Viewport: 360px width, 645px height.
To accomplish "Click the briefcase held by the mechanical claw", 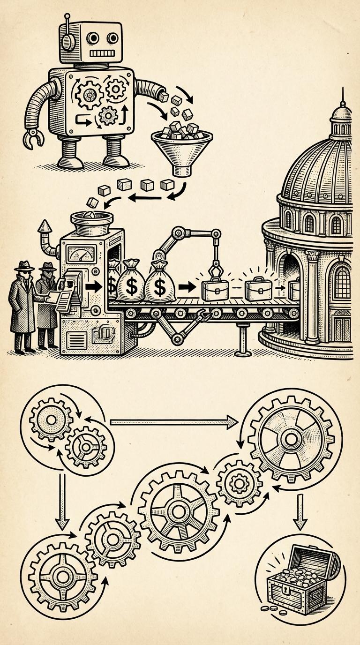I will point(213,291).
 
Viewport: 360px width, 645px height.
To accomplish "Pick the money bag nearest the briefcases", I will point(160,283).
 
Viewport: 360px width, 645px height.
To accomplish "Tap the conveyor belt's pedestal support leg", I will point(242,340).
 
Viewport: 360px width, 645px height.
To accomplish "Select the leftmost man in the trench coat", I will point(22,309).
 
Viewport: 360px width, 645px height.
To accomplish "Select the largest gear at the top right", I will point(291,439).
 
